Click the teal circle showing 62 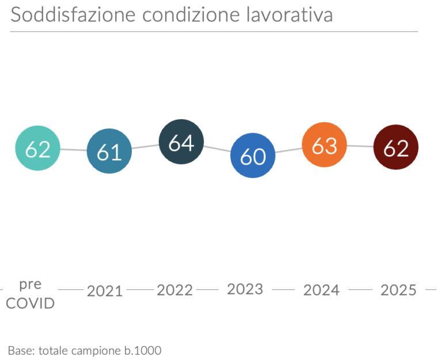(x=37, y=149)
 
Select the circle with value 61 (x=109, y=151)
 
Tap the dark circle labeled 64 (x=181, y=142)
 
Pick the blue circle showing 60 (x=253, y=156)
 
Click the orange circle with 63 (x=325, y=145)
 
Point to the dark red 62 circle (x=396, y=147)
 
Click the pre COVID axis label (x=30, y=294)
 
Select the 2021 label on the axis (x=105, y=291)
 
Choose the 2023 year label (x=246, y=289)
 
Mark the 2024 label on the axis (x=322, y=290)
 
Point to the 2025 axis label (x=398, y=290)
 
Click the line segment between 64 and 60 (x=217, y=149)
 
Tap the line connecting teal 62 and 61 (x=74, y=150)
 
